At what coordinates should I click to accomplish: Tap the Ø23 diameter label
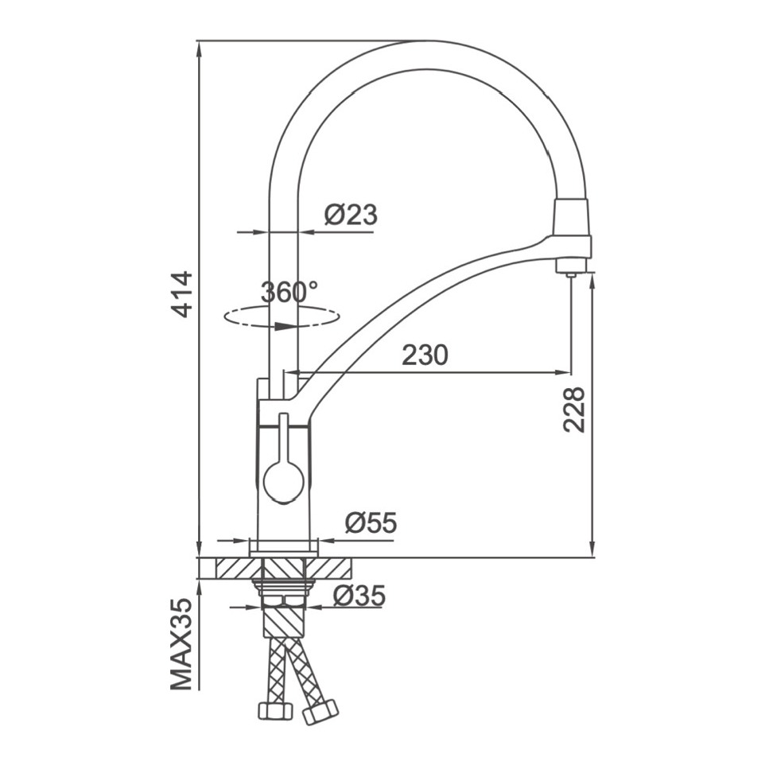pos(351,215)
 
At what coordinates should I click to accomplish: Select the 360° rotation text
pos(289,293)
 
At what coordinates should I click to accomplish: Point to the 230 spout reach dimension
pos(425,355)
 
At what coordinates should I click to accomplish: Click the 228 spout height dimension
pos(574,410)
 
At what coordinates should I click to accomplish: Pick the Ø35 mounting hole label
pos(359,596)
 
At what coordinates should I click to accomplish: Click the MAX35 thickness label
pos(181,644)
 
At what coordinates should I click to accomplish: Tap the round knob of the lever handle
pos(283,484)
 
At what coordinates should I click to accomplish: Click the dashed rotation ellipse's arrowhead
pos(285,326)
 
